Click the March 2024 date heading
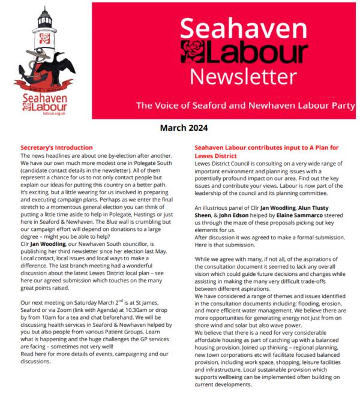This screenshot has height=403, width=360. [184, 127]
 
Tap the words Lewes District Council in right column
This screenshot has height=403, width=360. [223, 163]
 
